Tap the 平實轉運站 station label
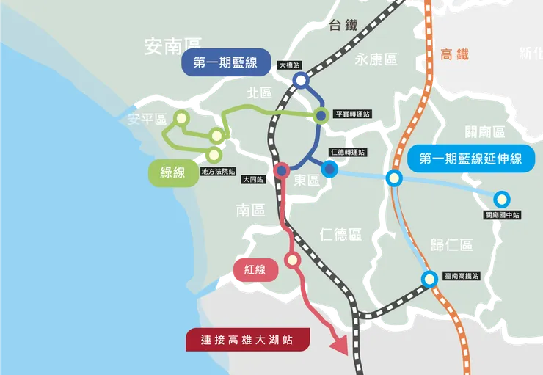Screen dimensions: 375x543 pos(352,114)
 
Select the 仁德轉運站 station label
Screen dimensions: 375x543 pos(348,152)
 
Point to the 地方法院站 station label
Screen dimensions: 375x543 pos(218,172)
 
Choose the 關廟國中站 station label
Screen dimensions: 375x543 pos(502,215)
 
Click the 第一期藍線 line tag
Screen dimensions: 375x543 pos(225,64)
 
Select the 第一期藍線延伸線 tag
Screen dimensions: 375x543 pos(470,158)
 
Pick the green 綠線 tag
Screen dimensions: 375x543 pos(172,172)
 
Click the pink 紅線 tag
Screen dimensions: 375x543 pos(255,270)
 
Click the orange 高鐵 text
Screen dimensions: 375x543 pos(454,54)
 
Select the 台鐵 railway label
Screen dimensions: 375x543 pos(343,25)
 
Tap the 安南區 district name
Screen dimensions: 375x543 pos(172,48)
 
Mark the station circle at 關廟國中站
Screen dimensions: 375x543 pos(502,199)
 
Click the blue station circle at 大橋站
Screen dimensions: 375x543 pos(300,81)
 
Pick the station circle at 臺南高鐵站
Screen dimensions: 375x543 pos(429,278)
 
